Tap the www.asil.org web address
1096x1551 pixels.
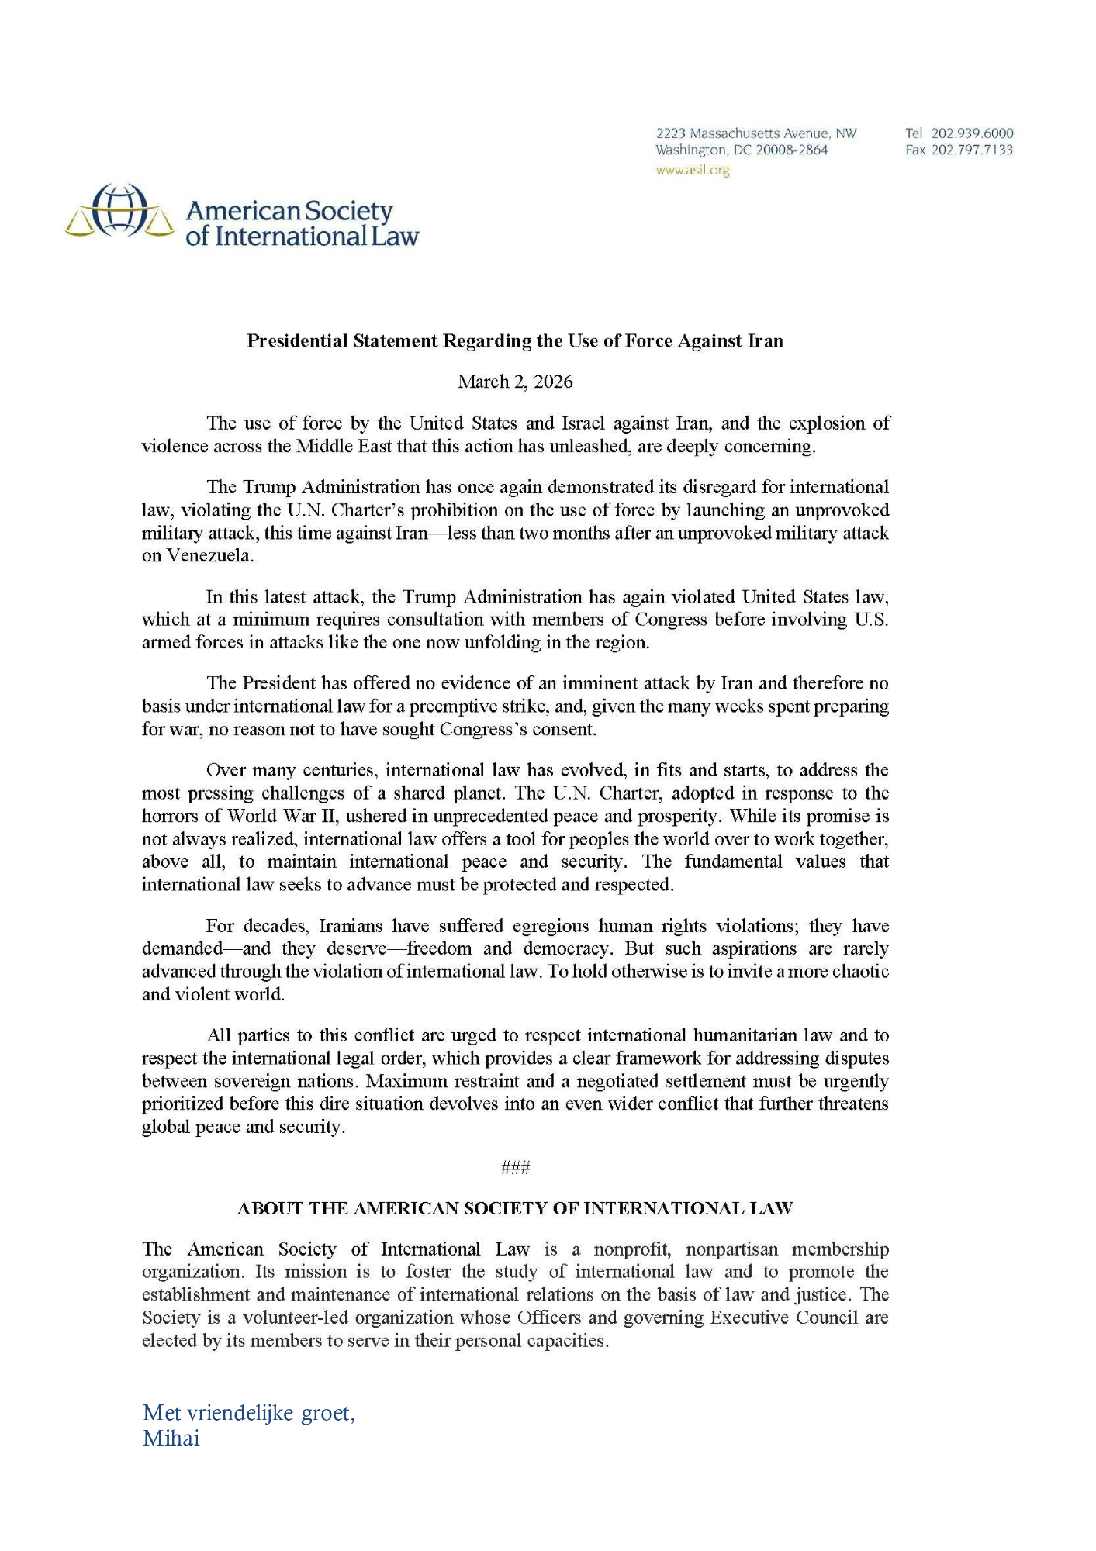692,171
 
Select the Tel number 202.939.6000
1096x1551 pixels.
972,133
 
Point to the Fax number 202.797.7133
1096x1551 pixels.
972,150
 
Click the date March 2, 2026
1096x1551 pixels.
515,382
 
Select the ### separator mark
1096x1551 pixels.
515,1168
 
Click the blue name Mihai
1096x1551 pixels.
171,1439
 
